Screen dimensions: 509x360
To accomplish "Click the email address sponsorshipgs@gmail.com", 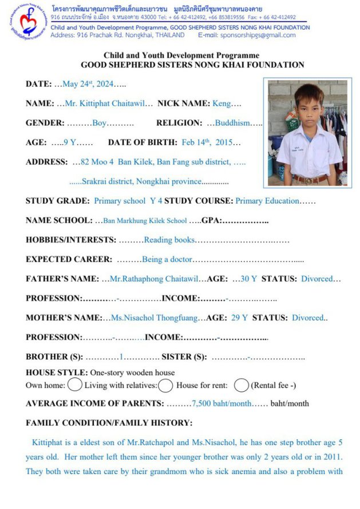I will [263, 35].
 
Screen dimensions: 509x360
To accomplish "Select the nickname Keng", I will [221, 104].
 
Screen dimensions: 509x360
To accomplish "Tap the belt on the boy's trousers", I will [309, 179].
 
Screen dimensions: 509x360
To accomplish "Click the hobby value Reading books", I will [169, 240].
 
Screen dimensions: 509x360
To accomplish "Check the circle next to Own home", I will [75, 385].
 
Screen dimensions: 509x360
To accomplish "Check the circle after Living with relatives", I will [165, 385].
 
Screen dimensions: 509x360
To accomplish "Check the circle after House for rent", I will [242, 385].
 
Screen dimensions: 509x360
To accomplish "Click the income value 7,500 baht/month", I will [221, 404].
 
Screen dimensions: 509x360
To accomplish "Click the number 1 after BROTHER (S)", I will [121, 357].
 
